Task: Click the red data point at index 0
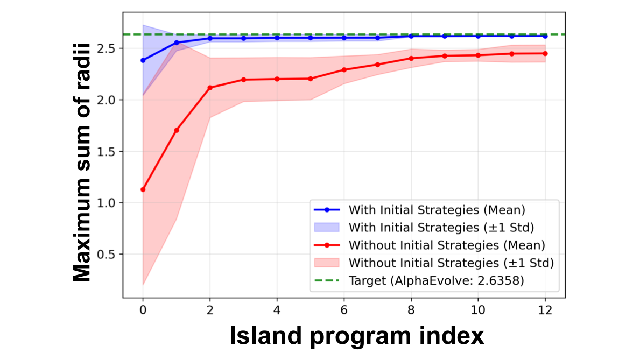point(143,189)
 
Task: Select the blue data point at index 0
point(143,60)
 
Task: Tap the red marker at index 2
point(210,88)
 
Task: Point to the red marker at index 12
point(545,53)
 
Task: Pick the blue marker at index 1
point(177,43)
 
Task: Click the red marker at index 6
point(344,69)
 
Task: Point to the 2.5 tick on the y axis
point(110,48)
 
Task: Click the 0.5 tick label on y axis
point(110,254)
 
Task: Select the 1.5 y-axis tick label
point(110,151)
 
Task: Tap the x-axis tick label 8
point(411,310)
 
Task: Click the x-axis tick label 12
point(545,310)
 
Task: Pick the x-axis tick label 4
point(277,310)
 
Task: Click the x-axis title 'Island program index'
point(356,336)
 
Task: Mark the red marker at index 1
point(177,130)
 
